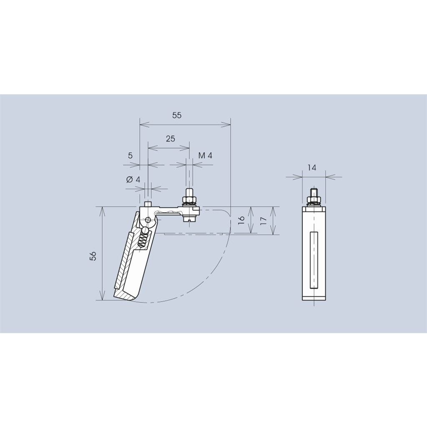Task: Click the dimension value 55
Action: tap(177, 115)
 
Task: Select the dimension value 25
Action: tap(171, 138)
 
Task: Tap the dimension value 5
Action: tap(130, 156)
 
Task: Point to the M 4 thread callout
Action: tap(205, 156)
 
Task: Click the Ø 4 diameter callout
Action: tap(133, 179)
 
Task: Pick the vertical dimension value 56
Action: tap(93, 256)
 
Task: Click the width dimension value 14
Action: tap(312, 168)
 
